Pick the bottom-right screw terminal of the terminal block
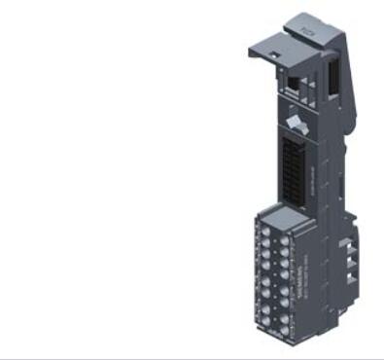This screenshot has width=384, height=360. click(284, 336)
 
